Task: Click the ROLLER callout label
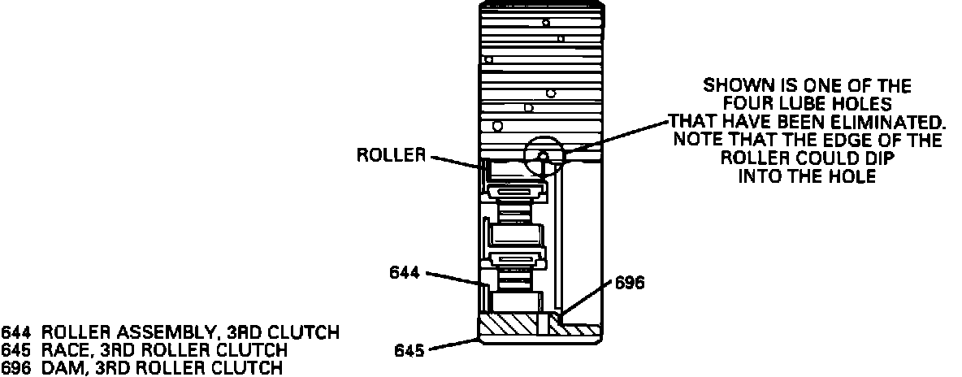pyautogui.click(x=392, y=155)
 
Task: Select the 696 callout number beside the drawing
pyautogui.click(x=630, y=283)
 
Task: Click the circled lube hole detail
pyautogui.click(x=544, y=156)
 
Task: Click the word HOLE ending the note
pyautogui.click(x=855, y=176)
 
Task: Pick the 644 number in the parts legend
pyautogui.click(x=15, y=332)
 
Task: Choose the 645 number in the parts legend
pyautogui.click(x=15, y=350)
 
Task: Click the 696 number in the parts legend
pyautogui.click(x=15, y=368)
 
